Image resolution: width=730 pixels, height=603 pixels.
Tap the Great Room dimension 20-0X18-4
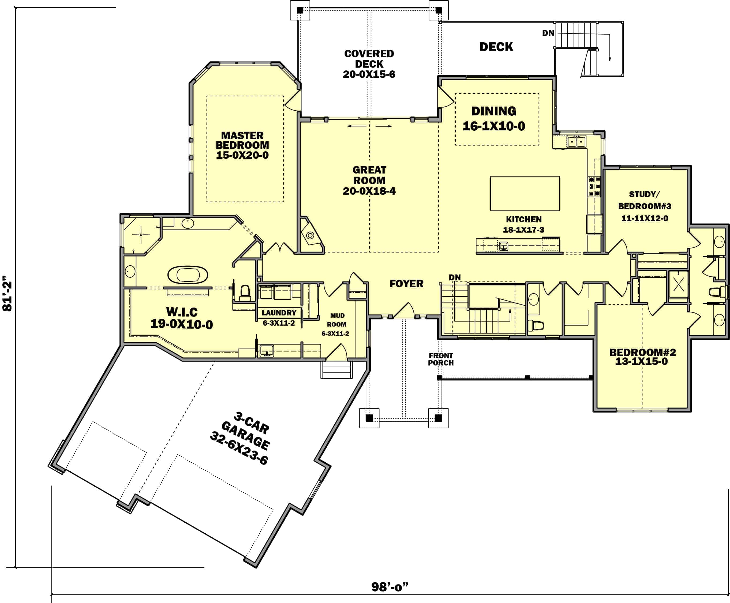pos(369,191)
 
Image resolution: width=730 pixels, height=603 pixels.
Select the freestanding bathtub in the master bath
pos(188,275)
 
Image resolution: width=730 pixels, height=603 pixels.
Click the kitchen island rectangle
pos(525,194)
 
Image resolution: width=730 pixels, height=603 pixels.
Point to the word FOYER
pos(406,284)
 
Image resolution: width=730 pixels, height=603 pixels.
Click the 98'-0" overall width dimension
pos(390,587)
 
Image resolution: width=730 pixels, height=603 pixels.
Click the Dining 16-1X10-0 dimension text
pos(494,126)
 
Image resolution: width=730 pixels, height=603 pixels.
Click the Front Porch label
pos(441,359)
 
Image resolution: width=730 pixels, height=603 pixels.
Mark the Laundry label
pos(279,313)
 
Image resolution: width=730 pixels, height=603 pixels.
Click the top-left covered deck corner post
pos(300,10)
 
